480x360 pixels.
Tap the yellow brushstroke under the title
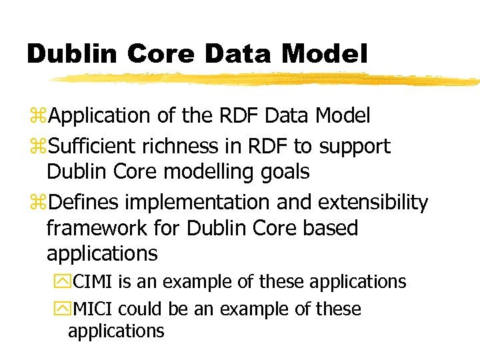(267, 79)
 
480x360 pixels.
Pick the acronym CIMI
(93, 282)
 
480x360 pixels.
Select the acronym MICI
(94, 309)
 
